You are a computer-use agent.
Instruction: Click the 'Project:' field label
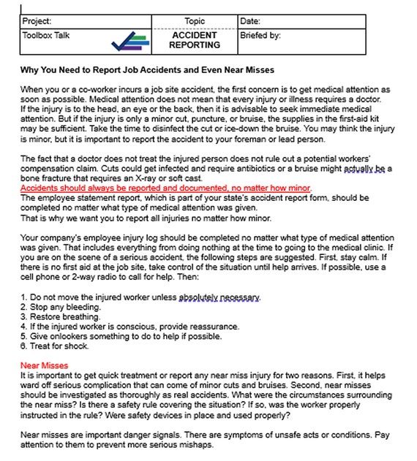37,22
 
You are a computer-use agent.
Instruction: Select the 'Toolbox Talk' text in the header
46,35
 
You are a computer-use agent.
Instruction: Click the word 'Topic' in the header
195,22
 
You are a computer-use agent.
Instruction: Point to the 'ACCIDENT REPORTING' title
195,40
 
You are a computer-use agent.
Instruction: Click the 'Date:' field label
250,22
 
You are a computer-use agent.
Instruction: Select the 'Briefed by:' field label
260,35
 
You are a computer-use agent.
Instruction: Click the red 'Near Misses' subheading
45,365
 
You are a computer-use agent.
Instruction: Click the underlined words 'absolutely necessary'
219,298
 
